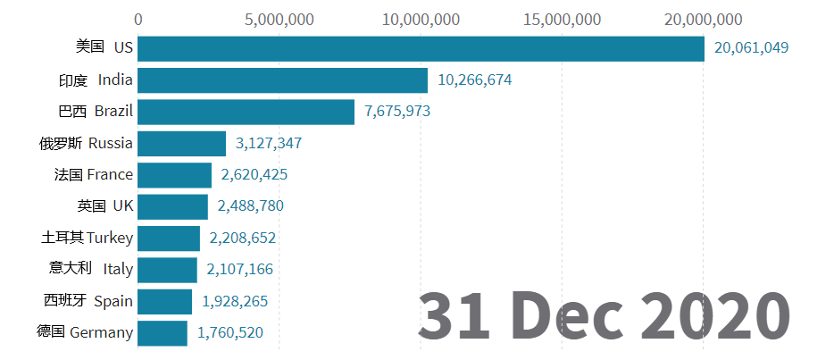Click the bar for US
pos(421,49)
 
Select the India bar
pos(282,80)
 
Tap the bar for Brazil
pos(246,112)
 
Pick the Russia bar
pos(181,144)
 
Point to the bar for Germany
pos(163,333)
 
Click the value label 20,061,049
pos(751,48)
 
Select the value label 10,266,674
pos(474,80)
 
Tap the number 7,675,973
pos(397,111)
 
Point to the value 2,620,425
pos(254,174)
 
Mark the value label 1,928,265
pos(235,301)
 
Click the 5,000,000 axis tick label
pos(279,20)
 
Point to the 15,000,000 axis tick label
pos(563,20)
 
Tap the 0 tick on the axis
pos(138,20)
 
